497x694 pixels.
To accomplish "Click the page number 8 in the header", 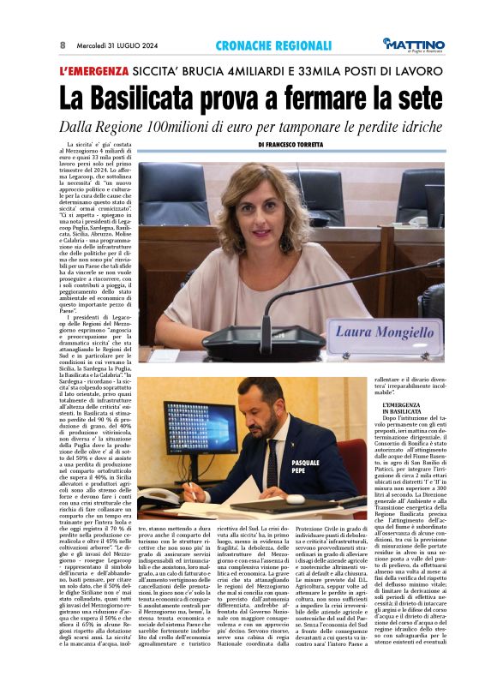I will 63,45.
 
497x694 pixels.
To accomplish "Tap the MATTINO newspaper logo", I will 415,44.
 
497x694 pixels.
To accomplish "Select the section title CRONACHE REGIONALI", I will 262,45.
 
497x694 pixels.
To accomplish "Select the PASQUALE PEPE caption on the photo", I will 305,467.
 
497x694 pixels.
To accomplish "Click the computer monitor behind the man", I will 200,428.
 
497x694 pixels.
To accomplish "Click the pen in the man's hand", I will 193,492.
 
